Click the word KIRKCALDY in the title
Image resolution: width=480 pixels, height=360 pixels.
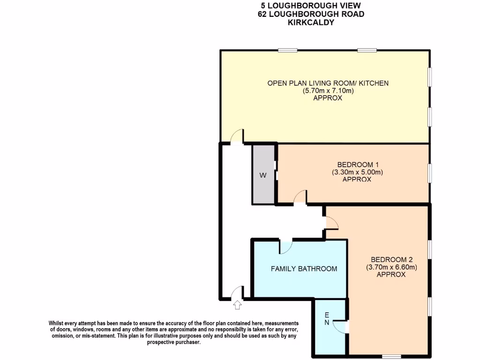311,22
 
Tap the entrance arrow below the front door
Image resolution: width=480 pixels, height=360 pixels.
237,305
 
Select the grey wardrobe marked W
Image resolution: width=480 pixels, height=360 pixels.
263,175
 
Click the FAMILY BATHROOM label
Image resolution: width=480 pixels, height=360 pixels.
304,269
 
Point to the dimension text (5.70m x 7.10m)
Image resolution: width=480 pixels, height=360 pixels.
328,91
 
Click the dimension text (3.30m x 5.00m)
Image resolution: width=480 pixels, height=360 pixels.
358,172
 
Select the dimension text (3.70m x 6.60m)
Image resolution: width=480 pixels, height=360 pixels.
391,267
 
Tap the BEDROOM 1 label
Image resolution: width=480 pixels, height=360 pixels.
358,165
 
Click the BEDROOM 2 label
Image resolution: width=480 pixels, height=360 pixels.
391,260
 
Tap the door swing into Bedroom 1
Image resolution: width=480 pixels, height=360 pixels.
300,197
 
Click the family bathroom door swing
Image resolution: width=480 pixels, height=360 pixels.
285,247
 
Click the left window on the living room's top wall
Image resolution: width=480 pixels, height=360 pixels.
287,50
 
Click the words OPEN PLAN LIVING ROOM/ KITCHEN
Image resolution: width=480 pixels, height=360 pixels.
328,83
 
